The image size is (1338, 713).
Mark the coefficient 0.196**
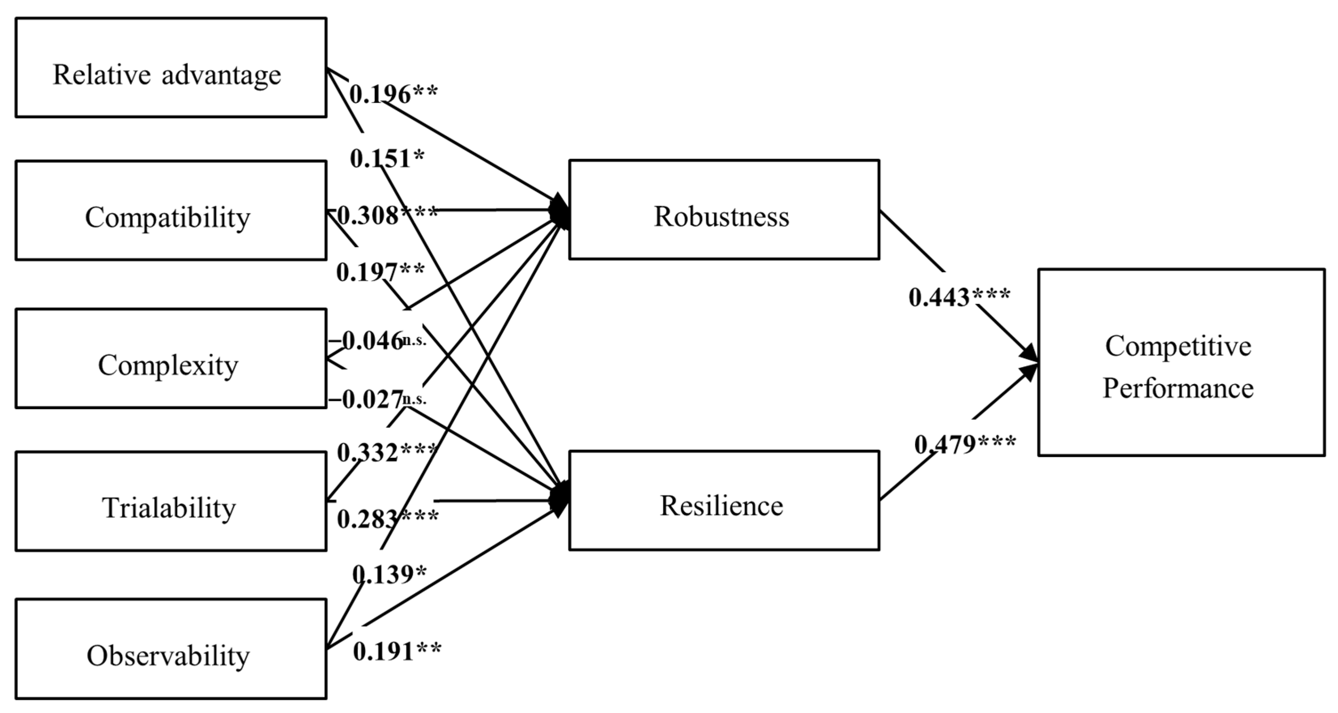click(393, 94)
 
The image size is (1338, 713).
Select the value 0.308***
click(387, 215)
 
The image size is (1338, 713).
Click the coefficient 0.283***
click(387, 518)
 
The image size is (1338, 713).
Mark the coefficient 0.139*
click(389, 575)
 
